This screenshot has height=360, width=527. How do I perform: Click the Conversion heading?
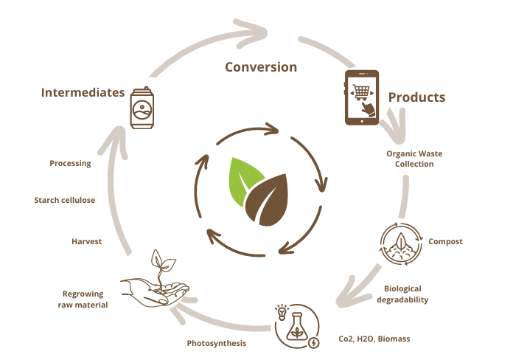(261, 67)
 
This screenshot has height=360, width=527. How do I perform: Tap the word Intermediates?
(83, 92)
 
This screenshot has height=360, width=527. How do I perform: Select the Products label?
(416, 97)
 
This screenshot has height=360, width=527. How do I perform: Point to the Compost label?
(445, 241)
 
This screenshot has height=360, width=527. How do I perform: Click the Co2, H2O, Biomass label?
(374, 339)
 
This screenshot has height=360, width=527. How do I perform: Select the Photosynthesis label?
(216, 343)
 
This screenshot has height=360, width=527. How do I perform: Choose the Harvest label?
(86, 241)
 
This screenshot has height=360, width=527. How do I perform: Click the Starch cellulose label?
(65, 200)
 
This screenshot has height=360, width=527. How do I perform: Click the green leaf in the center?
(243, 181)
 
